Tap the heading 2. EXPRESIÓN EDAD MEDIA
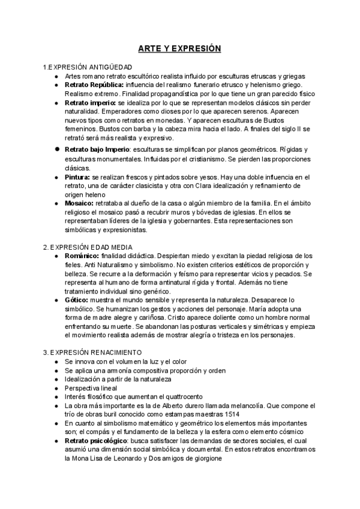(88, 247)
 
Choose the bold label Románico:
(82, 256)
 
